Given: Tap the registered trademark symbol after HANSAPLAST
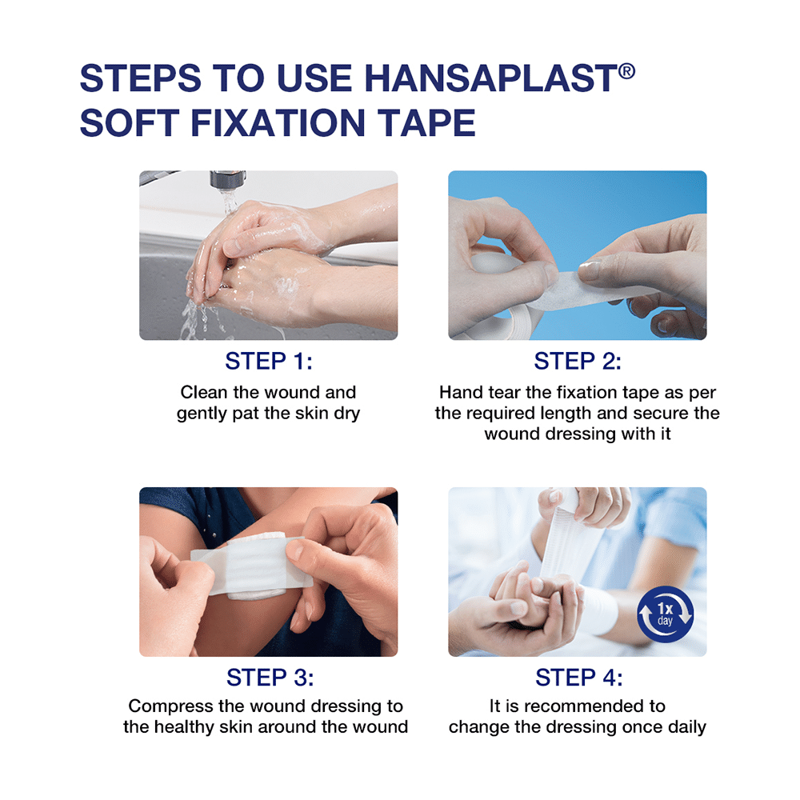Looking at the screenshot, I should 627,71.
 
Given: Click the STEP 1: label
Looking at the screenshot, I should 268,361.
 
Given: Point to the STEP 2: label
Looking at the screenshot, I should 577,361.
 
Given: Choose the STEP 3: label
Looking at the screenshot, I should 270,678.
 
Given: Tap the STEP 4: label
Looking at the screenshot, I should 578,678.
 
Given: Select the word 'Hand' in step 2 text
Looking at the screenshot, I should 459,392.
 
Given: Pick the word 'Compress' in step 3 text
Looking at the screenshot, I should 170,706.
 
